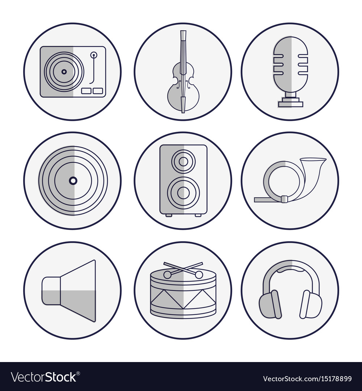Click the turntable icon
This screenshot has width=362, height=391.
(73, 72)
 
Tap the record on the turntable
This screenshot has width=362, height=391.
(64, 72)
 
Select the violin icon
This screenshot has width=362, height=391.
(183, 72)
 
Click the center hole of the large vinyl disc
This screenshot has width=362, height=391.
(73, 180)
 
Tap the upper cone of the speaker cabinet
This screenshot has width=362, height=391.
(184, 161)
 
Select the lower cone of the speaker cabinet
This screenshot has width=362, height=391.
(184, 193)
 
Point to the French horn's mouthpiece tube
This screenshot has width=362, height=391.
(268, 199)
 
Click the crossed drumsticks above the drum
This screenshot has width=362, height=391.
(183, 270)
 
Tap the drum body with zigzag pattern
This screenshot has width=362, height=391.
(183, 297)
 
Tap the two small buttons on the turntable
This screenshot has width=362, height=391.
(92, 91)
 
